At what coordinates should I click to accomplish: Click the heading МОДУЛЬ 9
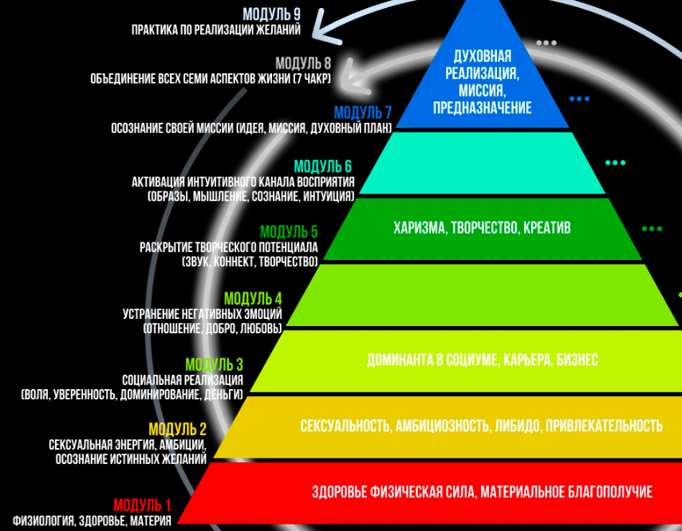271,14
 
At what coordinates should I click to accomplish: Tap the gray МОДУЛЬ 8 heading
303,63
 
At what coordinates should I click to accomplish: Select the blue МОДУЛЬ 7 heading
363,112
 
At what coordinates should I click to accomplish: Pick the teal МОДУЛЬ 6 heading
323,167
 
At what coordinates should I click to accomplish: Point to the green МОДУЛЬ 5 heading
289,232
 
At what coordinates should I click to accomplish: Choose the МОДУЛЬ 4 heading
253,299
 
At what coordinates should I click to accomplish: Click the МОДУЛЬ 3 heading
215,365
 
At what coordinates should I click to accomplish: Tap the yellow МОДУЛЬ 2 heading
178,429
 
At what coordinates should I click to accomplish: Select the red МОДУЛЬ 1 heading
143,505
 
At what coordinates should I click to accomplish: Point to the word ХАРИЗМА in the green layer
420,228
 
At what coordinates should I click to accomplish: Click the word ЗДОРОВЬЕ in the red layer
343,492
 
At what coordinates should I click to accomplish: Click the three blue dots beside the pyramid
579,99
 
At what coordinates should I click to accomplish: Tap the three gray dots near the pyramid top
546,43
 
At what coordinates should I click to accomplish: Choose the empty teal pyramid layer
482,163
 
